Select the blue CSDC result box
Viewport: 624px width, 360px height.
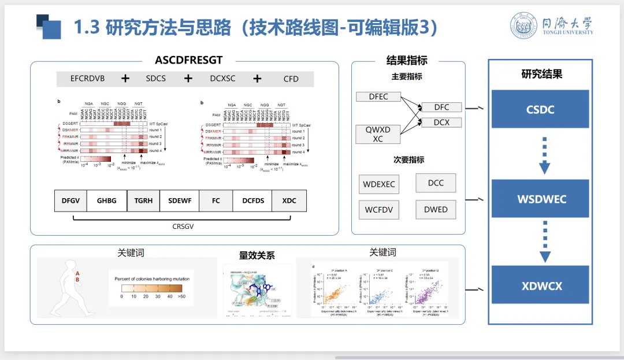point(540,109)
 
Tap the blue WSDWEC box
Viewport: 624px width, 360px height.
point(540,199)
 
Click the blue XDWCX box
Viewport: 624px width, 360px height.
point(540,285)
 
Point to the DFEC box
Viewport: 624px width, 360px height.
point(378,97)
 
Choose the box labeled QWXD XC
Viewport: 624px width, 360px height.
point(378,134)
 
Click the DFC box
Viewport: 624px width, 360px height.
point(441,107)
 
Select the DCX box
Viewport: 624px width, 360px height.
point(441,122)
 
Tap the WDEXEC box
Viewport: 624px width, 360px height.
point(379,184)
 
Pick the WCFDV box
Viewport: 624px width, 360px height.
point(379,209)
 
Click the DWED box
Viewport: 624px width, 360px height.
point(436,209)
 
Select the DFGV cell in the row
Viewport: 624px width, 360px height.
point(70,201)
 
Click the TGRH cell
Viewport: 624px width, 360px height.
point(143,201)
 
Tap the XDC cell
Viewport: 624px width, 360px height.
point(289,201)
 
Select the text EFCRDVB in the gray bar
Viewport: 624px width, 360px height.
point(87,79)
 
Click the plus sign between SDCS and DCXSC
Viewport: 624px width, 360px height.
point(187,79)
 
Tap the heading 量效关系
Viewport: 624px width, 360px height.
point(257,255)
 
